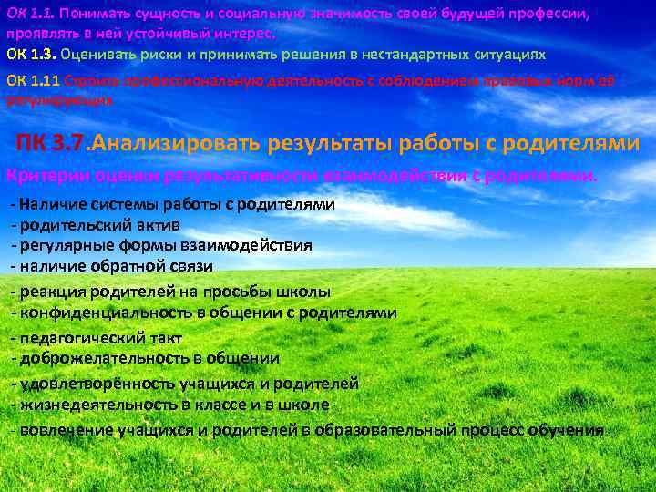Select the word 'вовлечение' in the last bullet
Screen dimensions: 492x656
(60, 430)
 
